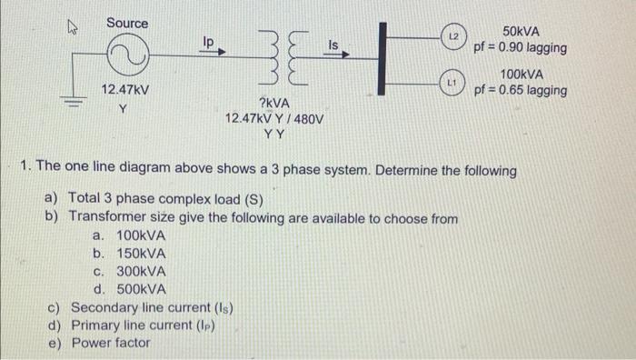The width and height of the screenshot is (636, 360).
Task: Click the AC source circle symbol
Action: pyautogui.click(x=126, y=58)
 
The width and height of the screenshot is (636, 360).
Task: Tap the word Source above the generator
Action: pyautogui.click(x=127, y=22)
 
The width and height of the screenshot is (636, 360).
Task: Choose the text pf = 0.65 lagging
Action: pyautogui.click(x=521, y=91)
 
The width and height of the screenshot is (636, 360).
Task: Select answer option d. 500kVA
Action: pyautogui.click(x=129, y=289)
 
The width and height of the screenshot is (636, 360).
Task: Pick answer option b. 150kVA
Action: pyautogui.click(x=129, y=254)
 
